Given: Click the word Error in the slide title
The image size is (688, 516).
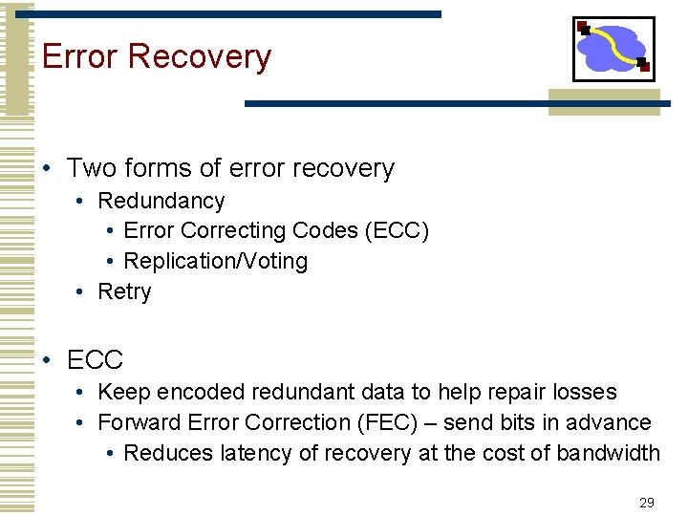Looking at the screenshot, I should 80,57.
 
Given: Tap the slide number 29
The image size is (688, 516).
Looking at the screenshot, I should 647,503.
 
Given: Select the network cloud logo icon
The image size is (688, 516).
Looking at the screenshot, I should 613,49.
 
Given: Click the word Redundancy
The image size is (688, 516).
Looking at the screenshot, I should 161,202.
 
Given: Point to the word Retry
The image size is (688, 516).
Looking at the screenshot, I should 124,292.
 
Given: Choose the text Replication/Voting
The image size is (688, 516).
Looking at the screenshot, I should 216,262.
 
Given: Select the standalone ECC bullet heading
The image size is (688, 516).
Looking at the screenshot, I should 96,360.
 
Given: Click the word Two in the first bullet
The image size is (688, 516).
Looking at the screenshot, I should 91,169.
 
